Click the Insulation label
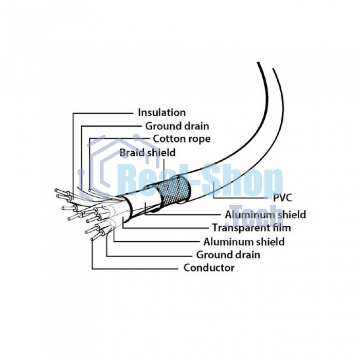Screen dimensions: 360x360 (161, 112)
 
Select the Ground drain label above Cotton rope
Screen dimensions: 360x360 (177, 125)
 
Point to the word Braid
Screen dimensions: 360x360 (130, 152)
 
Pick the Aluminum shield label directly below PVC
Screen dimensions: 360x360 (265, 214)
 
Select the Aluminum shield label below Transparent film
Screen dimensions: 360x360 (244, 241)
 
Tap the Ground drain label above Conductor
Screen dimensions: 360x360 (228, 255)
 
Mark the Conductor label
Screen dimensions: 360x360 (209, 268)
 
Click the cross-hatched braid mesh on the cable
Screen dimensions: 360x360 (173, 191)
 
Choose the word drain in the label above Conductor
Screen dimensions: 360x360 (246, 255)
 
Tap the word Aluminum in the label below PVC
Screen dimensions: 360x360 (249, 214)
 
